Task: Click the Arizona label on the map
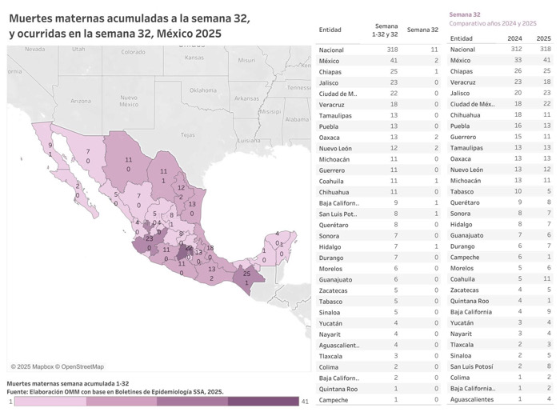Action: [x=80, y=101]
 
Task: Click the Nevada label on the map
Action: [x=35, y=49]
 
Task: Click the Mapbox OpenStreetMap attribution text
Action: [x=57, y=366]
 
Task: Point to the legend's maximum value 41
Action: [x=304, y=401]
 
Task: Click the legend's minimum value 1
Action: [x=10, y=401]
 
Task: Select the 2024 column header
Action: [x=515, y=38]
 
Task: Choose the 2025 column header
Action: [x=543, y=38]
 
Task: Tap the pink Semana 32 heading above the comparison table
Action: [x=465, y=14]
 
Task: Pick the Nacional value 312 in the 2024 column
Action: [x=514, y=50]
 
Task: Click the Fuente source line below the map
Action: [x=115, y=392]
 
